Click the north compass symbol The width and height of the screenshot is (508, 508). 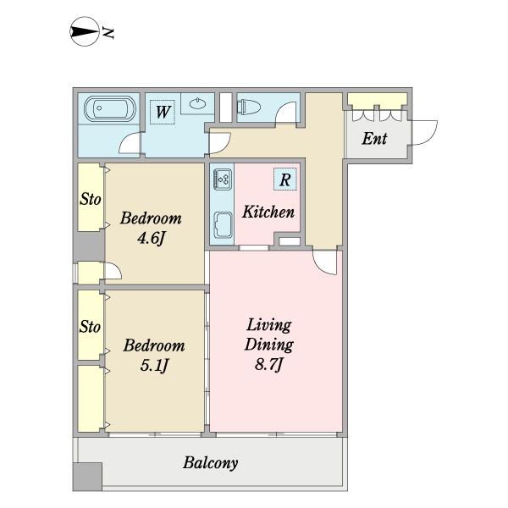click(x=84, y=31)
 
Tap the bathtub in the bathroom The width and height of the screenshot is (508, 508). click(x=109, y=108)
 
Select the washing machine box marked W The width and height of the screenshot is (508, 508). click(x=162, y=112)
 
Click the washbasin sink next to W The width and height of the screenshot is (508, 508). click(x=197, y=103)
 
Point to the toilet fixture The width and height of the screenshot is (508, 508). click(x=249, y=107)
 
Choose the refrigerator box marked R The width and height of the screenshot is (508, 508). click(x=284, y=179)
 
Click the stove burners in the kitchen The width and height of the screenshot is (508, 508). click(x=222, y=179)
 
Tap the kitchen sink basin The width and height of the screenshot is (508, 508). click(x=223, y=224)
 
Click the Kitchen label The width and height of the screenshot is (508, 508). click(x=268, y=213)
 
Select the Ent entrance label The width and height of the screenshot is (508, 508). click(x=374, y=139)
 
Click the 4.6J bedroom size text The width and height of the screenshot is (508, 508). click(x=152, y=239)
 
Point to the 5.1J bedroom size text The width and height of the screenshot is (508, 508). click(x=154, y=366)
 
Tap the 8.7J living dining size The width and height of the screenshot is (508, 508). click(x=269, y=365)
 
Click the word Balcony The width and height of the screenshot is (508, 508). click(x=211, y=463)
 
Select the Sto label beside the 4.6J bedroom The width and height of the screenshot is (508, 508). click(x=91, y=199)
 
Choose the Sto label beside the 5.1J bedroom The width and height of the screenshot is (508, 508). click(x=90, y=327)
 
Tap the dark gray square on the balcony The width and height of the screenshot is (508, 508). click(x=87, y=477)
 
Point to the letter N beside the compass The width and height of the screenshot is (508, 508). click(x=108, y=32)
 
